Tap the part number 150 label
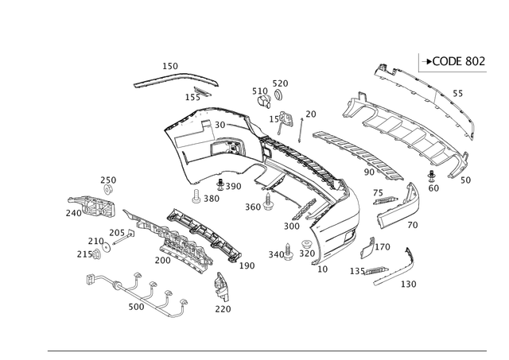(170, 66)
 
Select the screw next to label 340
(288, 252)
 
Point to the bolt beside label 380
(196, 196)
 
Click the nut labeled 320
(305, 244)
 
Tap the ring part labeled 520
(278, 94)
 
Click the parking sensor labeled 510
(263, 101)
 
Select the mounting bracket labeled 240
(92, 207)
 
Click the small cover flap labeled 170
(367, 248)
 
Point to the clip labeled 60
(431, 176)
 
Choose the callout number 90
(369, 172)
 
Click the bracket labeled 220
(222, 288)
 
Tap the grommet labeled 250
(108, 189)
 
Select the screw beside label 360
(268, 201)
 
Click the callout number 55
(458, 94)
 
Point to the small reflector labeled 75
(386, 201)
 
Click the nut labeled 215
(96, 254)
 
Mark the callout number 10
(322, 269)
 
